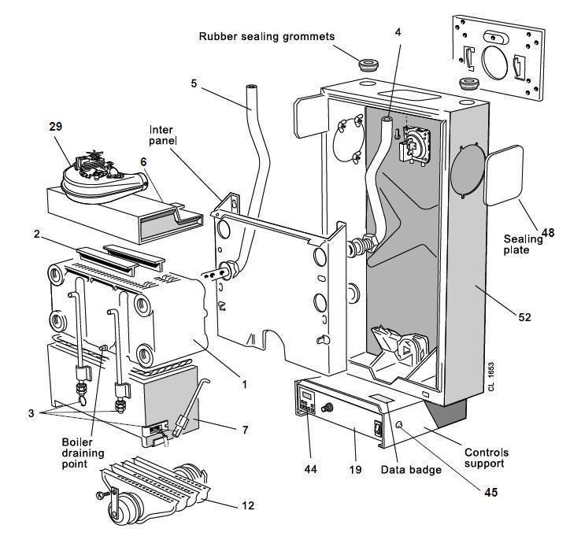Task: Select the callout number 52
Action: point(525,317)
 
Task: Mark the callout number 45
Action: point(492,494)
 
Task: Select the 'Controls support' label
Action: point(486,459)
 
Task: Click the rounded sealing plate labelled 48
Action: point(504,176)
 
